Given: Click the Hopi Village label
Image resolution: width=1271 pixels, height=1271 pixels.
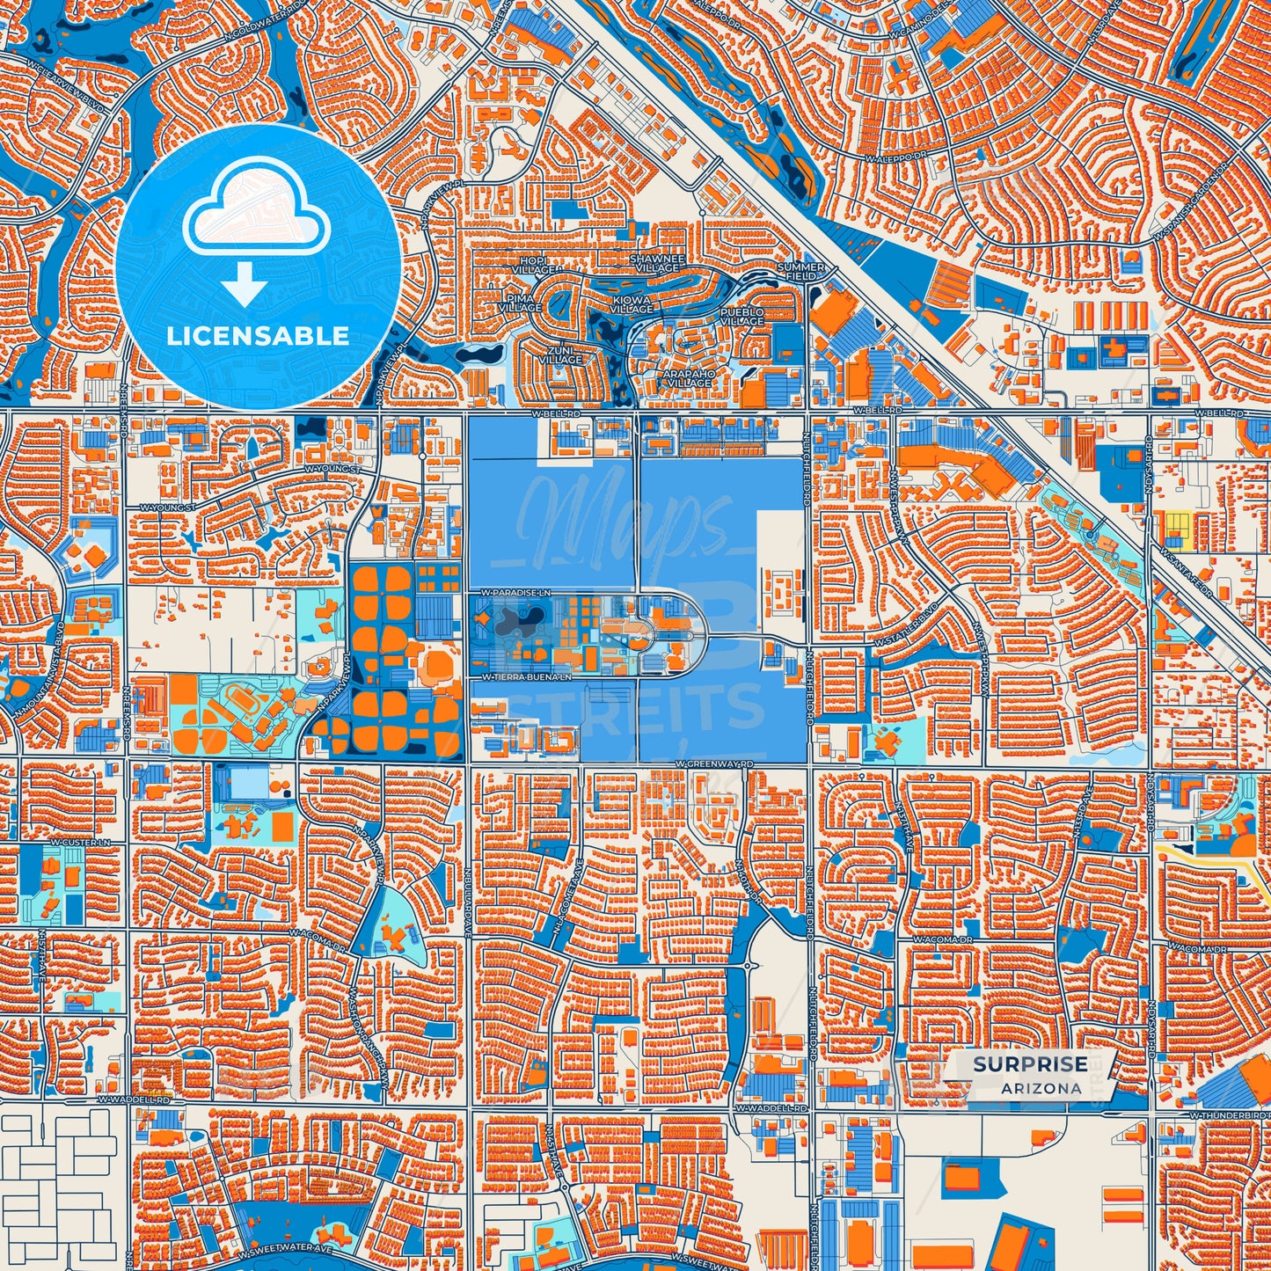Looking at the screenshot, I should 534,266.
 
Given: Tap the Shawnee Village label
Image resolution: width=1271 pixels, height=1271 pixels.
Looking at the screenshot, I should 657,262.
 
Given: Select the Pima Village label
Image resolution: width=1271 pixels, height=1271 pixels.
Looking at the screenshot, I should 519,303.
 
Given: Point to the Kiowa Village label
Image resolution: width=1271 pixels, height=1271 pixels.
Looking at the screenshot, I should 632,303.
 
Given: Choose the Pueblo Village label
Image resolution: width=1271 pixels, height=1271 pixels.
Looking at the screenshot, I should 742,317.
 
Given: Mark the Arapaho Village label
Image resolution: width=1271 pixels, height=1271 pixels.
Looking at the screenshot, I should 688,378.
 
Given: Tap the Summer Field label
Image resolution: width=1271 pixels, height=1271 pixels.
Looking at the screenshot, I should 800,271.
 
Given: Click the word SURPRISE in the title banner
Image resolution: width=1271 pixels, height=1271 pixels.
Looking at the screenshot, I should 1029,1063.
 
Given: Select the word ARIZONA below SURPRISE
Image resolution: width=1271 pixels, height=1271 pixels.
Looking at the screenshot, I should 1041,1088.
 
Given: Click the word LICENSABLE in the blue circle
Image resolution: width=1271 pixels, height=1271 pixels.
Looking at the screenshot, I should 259,335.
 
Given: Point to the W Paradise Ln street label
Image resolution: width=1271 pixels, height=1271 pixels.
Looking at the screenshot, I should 515,595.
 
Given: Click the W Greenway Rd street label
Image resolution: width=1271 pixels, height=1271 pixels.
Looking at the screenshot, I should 717,764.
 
